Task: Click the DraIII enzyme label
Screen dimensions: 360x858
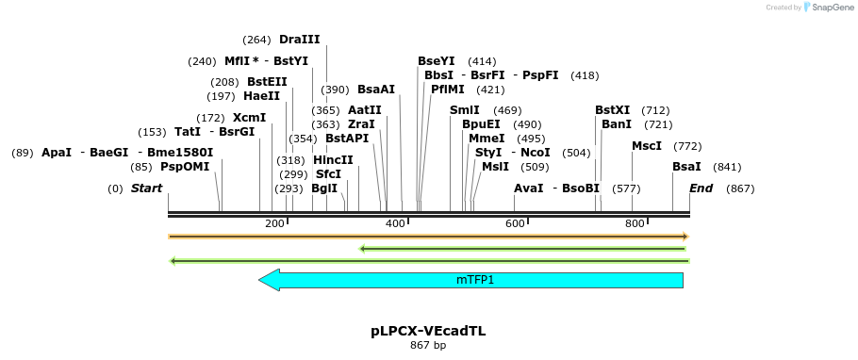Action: (299, 40)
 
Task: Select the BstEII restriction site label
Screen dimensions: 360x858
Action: (267, 82)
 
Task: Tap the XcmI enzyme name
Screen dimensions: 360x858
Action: (249, 118)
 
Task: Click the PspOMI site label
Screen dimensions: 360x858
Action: (185, 167)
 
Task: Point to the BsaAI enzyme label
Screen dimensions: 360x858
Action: (375, 90)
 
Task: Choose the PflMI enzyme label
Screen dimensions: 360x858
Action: (448, 90)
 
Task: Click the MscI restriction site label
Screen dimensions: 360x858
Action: (647, 146)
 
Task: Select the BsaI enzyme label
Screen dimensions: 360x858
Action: (686, 167)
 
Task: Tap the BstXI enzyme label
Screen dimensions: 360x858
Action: (612, 110)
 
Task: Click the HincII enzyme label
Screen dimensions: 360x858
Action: (333, 160)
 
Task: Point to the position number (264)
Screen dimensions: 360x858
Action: (256, 40)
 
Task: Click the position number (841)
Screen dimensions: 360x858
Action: (727, 167)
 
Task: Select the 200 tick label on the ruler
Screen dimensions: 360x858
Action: (274, 223)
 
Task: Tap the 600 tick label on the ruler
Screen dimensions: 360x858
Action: (515, 223)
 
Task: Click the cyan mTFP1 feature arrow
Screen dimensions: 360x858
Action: (471, 280)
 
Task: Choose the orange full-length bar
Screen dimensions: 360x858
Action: (428, 237)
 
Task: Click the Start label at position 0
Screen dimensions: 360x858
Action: (146, 188)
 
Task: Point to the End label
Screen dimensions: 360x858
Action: (701, 188)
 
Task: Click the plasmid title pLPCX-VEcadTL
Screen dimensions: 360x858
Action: (428, 332)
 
